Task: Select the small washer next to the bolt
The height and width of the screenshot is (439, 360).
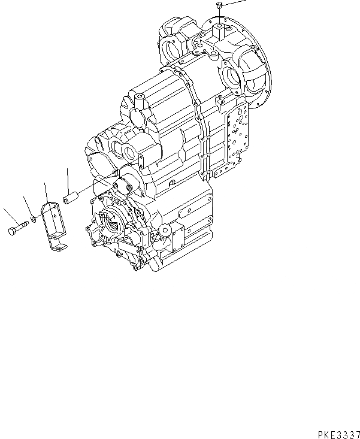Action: click(x=34, y=220)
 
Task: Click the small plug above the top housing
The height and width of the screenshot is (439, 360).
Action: click(x=220, y=7)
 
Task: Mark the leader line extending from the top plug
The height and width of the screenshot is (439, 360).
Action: click(x=237, y=2)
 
